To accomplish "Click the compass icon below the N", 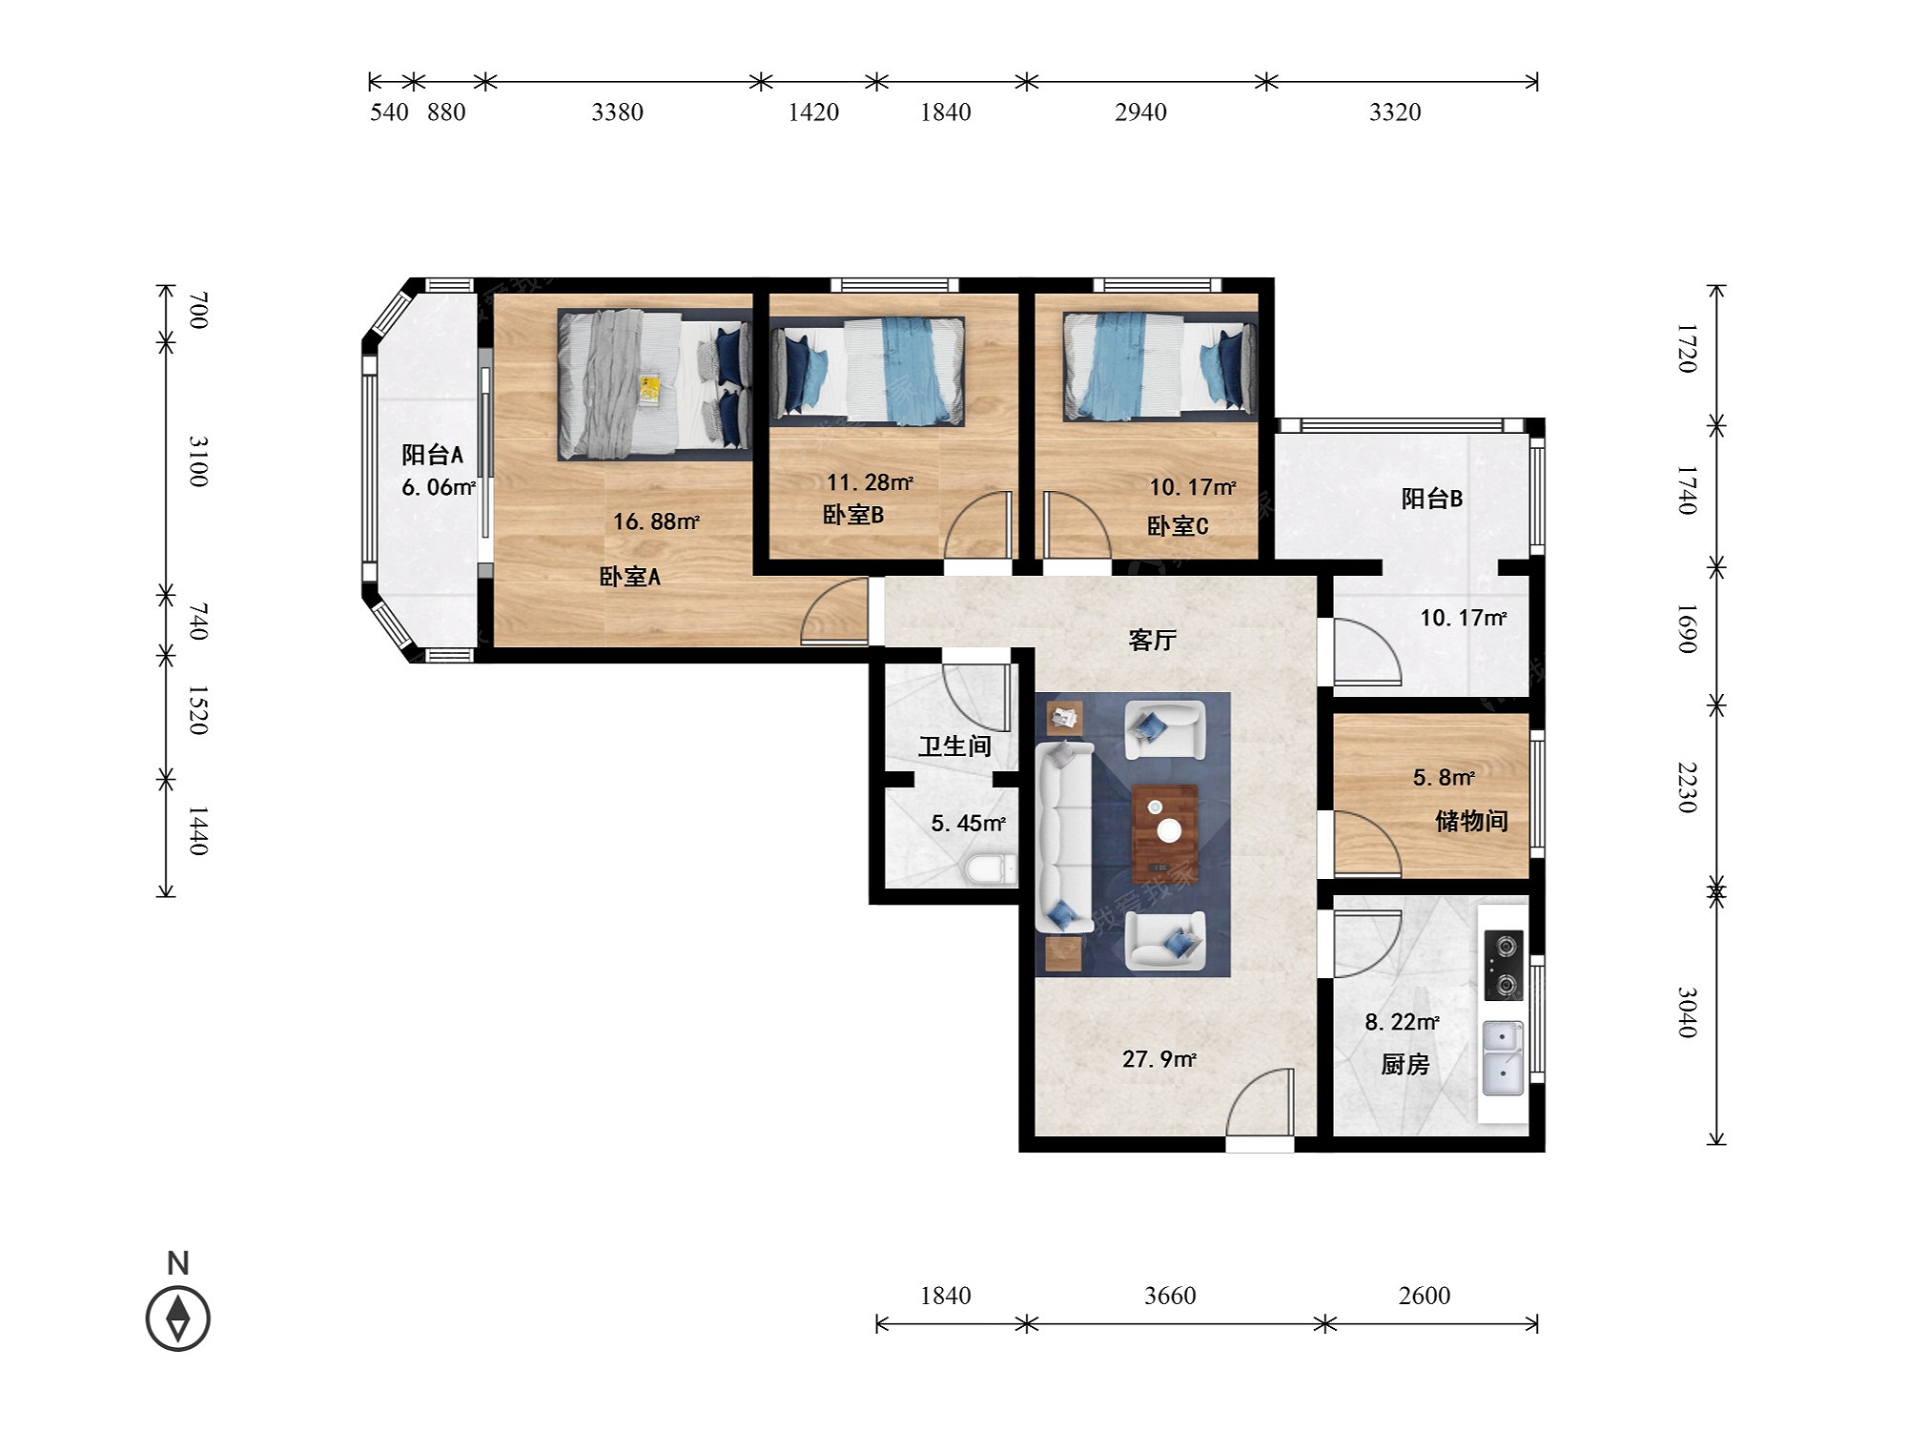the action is [177, 1318].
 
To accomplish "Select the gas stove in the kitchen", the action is [1504, 966].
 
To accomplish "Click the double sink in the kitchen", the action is [1504, 1058].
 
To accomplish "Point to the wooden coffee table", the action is [1164, 833].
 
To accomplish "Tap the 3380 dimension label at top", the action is [617, 112].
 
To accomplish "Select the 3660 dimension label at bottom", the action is [1170, 1296].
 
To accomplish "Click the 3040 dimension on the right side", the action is [1688, 1012].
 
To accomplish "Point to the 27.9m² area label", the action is [1159, 1059].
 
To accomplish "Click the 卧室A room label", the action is [629, 577].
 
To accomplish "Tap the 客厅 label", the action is [1152, 640].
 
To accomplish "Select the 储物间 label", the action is [1471, 821].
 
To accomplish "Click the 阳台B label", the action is [1431, 499].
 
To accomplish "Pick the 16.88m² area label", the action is [656, 521].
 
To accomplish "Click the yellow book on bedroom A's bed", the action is [649, 389].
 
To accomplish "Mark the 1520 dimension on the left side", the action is [197, 709].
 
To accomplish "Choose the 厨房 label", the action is [1405, 1064].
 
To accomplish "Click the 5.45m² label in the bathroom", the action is [968, 823].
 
